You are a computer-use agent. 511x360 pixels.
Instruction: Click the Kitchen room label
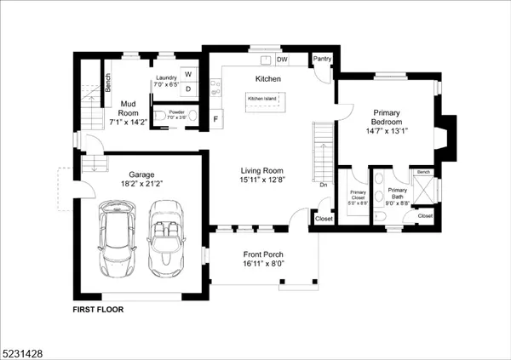(x=268, y=79)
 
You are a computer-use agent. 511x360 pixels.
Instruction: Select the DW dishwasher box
(x=282, y=60)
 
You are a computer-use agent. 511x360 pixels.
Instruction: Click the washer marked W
(x=187, y=75)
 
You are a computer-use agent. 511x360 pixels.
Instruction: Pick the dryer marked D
(x=187, y=88)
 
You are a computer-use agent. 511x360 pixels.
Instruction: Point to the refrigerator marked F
(x=215, y=119)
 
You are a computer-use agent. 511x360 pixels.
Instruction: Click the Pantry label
(x=322, y=59)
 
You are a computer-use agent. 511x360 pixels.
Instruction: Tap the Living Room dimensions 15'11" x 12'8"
(x=267, y=180)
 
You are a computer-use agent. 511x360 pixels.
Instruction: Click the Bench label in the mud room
(x=107, y=83)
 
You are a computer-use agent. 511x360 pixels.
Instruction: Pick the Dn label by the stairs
(x=324, y=184)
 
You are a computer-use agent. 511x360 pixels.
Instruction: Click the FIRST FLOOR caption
(x=98, y=310)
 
